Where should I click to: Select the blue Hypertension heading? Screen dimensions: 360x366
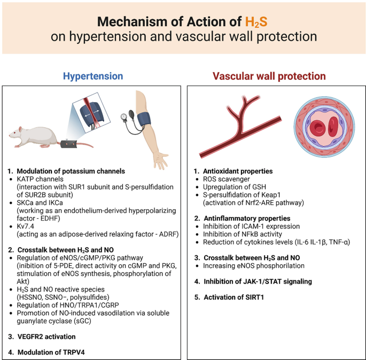(x=93, y=76)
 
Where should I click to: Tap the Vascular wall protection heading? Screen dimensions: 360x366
(x=269, y=76)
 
